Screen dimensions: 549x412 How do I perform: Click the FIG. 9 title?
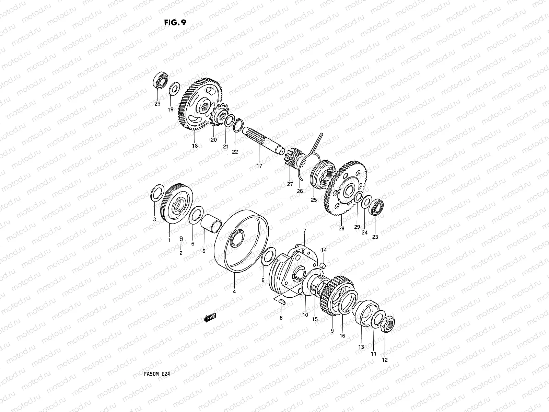click(175, 23)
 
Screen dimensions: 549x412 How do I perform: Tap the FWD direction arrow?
click(210, 318)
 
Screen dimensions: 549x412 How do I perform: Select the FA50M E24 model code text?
click(157, 374)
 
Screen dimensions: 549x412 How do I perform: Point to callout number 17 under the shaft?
click(259, 165)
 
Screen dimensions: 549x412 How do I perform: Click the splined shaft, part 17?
click(263, 141)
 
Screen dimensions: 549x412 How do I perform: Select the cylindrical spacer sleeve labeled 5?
click(211, 223)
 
